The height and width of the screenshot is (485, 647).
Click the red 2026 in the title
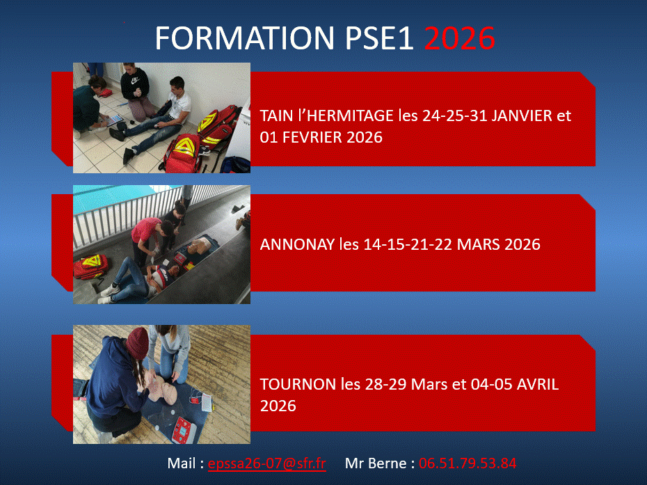tap(459, 38)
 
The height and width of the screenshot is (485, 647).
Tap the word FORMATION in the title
tap(245, 38)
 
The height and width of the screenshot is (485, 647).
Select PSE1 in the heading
tap(378, 38)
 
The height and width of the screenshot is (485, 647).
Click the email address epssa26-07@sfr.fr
tap(267, 463)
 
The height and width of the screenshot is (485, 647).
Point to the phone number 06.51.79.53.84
tap(468, 463)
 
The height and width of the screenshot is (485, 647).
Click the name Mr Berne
tap(375, 463)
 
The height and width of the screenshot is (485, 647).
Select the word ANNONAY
tap(297, 244)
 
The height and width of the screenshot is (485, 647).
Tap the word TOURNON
tap(298, 384)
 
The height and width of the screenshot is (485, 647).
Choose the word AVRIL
tap(538, 384)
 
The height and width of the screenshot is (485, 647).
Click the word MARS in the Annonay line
tap(479, 244)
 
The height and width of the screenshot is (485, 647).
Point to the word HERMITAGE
tap(350, 116)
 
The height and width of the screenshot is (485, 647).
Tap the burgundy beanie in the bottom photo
tap(138, 342)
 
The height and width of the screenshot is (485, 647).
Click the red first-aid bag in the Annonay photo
tap(90, 267)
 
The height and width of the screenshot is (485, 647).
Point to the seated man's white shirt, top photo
tap(180, 104)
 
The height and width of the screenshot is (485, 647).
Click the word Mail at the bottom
tap(182, 463)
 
